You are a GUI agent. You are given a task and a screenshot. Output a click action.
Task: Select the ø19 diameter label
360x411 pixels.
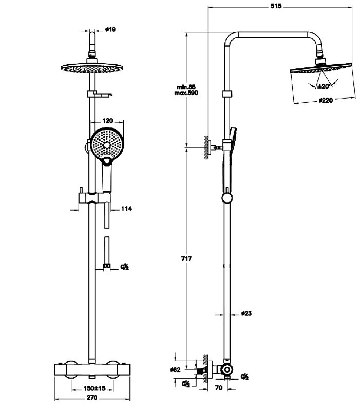tap(110, 30)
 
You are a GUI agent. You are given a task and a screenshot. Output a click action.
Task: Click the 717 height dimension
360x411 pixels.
tap(186, 258)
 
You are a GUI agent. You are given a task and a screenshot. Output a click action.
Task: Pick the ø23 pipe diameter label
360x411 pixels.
tap(246, 313)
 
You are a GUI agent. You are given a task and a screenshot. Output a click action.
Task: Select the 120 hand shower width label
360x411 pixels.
tap(108, 120)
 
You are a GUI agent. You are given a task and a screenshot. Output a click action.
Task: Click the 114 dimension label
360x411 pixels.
tap(126, 209)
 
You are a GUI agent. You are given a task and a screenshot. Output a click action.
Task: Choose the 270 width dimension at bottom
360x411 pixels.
tap(93, 399)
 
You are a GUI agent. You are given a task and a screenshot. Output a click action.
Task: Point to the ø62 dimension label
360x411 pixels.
tap(174, 370)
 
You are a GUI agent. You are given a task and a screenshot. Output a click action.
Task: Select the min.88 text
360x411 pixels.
tap(185, 87)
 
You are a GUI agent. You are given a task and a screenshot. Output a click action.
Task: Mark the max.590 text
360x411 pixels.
tap(186, 93)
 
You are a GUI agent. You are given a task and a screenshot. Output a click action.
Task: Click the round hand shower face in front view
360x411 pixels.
tap(106, 143)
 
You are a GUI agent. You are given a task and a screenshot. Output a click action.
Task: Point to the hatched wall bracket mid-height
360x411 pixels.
tap(207, 147)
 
